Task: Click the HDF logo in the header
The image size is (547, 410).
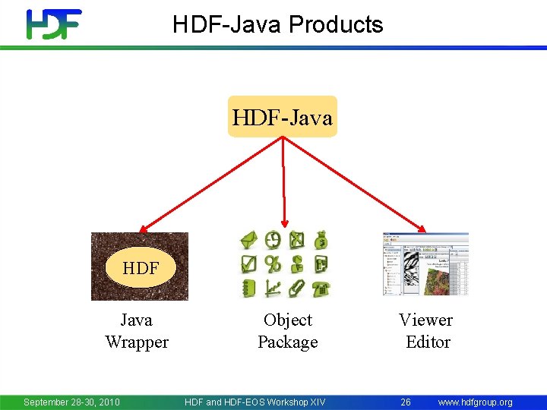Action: [53, 24]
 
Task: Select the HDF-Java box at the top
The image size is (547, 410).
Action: [282, 117]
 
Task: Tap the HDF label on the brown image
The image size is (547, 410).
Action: [141, 268]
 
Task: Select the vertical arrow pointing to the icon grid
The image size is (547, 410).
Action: [283, 182]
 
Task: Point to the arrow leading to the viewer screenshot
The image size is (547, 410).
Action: [354, 183]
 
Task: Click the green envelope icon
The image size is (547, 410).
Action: [249, 241]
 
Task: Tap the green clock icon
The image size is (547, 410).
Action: [273, 241]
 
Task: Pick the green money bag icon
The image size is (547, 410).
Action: [321, 241]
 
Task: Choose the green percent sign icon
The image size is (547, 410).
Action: [273, 264]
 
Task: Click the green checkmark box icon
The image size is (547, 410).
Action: [249, 264]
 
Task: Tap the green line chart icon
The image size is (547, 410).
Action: [273, 289]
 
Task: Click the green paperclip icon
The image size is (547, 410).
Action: [297, 289]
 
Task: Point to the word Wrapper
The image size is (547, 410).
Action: [137, 342]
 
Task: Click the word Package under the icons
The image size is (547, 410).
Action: [288, 342]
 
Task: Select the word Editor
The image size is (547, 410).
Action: [428, 342]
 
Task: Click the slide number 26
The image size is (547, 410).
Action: [406, 402]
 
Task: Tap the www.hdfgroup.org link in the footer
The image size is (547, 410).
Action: [475, 402]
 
